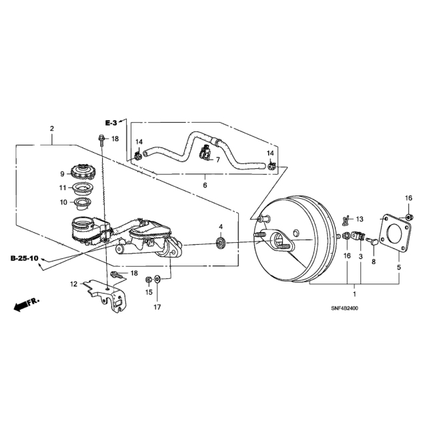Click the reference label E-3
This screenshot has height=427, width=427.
click(111, 123)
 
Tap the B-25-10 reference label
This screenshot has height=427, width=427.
click(24, 258)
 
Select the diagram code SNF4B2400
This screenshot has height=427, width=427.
click(344, 308)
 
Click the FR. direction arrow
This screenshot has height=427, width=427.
click(27, 304)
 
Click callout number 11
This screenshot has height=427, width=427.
click(63, 188)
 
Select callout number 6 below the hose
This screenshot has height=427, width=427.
click(205, 185)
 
